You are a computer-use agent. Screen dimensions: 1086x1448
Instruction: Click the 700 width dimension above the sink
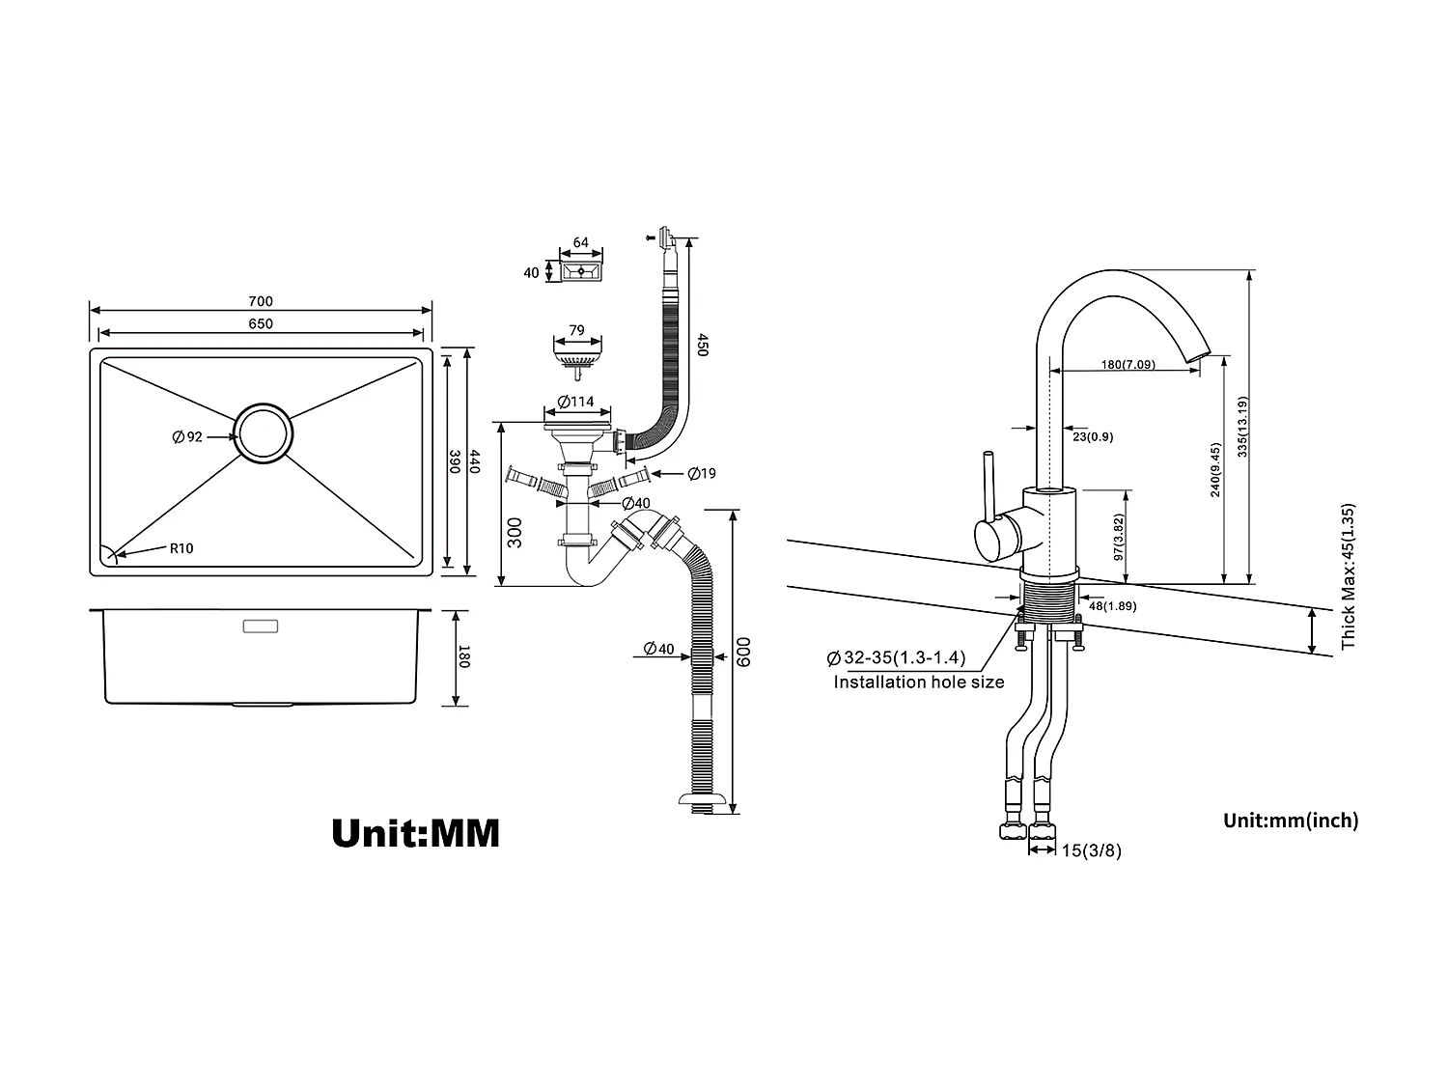(x=261, y=302)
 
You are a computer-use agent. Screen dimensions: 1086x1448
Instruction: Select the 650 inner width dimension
(x=261, y=324)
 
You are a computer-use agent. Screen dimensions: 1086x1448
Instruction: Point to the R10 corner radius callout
(x=181, y=548)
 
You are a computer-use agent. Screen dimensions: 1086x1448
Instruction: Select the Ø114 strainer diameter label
(x=575, y=402)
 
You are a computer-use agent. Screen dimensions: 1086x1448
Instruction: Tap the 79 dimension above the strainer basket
(x=576, y=330)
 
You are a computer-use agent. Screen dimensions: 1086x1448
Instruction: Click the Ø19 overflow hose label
(x=702, y=473)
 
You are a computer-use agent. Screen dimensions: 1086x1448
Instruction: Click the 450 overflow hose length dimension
(x=703, y=345)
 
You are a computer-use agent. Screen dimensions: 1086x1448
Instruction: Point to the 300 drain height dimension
(x=515, y=532)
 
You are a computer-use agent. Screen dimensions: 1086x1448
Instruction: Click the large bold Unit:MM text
(x=415, y=832)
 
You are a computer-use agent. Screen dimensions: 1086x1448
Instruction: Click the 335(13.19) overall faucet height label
(x=1242, y=428)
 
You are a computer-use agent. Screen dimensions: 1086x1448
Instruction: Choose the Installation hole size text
(x=918, y=682)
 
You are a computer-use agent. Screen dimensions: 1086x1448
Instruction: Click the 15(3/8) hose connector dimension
(x=1092, y=850)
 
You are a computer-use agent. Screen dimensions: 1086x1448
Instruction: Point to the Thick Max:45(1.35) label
(x=1349, y=575)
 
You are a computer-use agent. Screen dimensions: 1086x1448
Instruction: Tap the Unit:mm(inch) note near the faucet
(x=1290, y=821)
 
